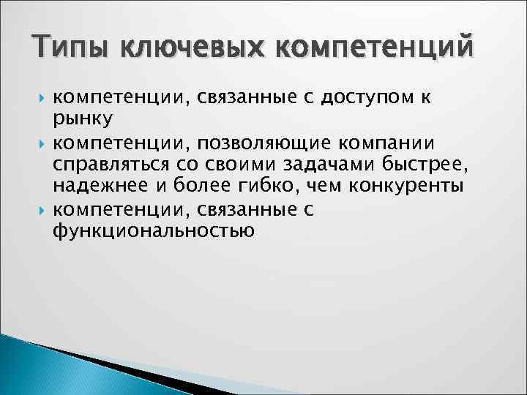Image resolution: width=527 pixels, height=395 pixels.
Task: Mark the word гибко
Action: tap(261, 187)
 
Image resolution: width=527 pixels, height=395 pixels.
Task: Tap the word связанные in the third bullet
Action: tap(250, 210)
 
